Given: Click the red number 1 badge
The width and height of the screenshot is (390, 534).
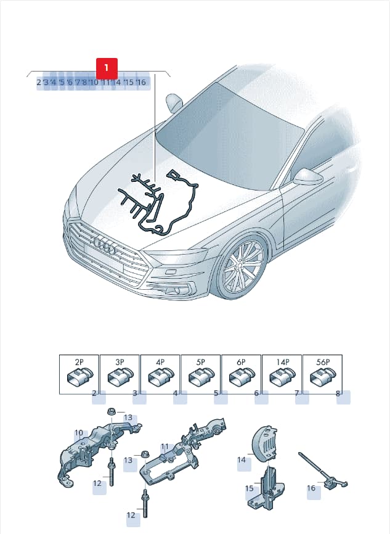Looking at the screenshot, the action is tap(107, 68).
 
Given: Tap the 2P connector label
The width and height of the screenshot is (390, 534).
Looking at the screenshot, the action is tap(79, 362).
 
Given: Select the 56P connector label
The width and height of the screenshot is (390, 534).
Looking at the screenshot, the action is tap(323, 362).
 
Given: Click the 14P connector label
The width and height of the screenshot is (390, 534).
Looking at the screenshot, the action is tap(282, 362).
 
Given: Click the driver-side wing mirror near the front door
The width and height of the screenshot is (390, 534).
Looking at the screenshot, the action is tap(309, 177).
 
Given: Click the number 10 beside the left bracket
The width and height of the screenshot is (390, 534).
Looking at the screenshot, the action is tap(79, 433).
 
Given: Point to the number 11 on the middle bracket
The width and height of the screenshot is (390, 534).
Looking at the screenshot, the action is tap(165, 446).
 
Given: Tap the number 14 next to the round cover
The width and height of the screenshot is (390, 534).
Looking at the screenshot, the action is tap(242, 460).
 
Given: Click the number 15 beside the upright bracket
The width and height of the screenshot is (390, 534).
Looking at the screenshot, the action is tap(250, 488).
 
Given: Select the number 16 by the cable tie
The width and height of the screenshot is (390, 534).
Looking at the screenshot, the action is tap(311, 488).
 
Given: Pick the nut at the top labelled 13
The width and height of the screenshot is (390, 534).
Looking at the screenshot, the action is tap(111, 412).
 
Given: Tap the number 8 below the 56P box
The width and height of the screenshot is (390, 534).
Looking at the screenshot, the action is tap(338, 393).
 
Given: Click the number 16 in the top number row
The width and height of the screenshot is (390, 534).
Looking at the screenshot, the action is tap(141, 82).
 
